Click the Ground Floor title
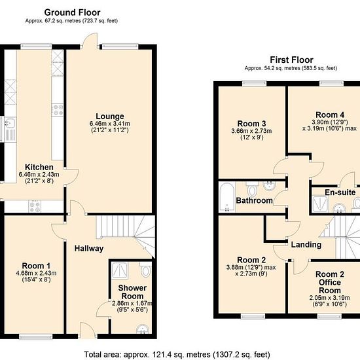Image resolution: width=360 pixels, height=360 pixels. pyautogui.click(x=72, y=12)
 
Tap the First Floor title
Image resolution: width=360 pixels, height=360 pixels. pyautogui.click(x=291, y=60)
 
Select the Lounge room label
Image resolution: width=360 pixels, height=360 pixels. pyautogui.click(x=110, y=116)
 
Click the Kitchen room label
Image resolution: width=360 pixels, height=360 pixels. pyautogui.click(x=39, y=167)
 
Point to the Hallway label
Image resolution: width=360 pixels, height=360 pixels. pyautogui.click(x=89, y=249)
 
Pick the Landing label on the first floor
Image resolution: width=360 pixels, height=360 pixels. pyautogui.click(x=306, y=245)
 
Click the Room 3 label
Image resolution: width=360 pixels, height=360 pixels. pyautogui.click(x=251, y=124)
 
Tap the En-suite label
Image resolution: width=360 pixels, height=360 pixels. pyautogui.click(x=340, y=192)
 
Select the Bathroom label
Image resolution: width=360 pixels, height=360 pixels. pyautogui.click(x=254, y=200)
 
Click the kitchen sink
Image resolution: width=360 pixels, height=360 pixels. pyautogui.click(x=9, y=129)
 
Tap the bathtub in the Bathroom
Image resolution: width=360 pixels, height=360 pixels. pyautogui.click(x=227, y=197)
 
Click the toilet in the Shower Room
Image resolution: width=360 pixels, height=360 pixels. pyautogui.click(x=145, y=269)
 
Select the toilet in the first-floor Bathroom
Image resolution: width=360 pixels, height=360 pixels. pyautogui.click(x=252, y=189)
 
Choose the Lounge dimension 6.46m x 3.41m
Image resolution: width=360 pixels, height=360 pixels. pyautogui.click(x=110, y=124)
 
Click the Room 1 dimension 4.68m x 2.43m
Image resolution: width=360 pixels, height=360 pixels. pyautogui.click(x=36, y=273)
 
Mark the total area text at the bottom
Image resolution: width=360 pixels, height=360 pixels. pyautogui.click(x=177, y=355)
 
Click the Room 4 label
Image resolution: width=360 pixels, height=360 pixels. pyautogui.click(x=330, y=115)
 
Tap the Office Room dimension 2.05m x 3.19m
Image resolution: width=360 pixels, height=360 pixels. pyautogui.click(x=329, y=298)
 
